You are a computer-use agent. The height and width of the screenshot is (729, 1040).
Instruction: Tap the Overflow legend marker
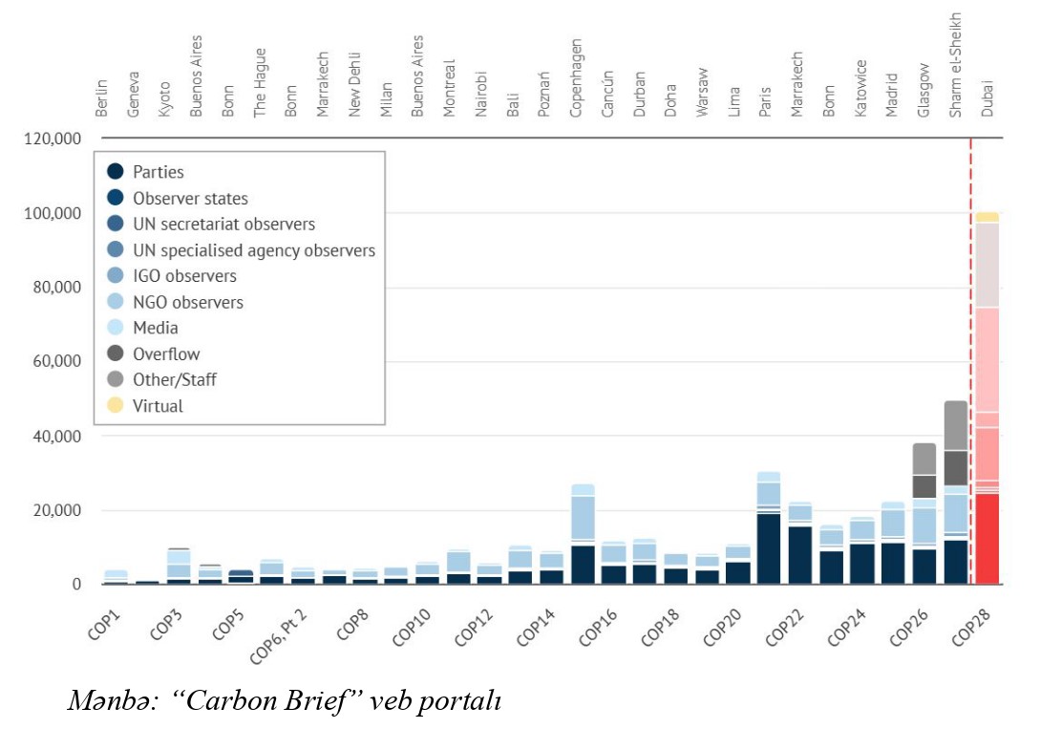[116, 354]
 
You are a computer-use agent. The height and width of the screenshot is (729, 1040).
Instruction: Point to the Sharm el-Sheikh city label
[955, 65]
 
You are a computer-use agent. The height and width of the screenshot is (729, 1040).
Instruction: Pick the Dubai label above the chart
[987, 98]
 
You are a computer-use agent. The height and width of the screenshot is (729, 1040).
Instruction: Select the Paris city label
[765, 101]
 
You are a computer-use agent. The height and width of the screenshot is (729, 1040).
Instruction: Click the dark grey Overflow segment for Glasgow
[924, 486]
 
